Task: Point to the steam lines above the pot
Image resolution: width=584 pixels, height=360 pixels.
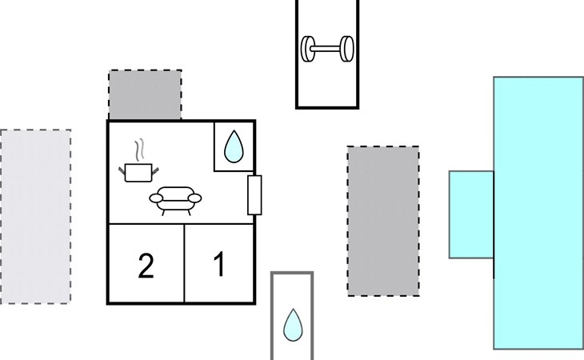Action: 141,150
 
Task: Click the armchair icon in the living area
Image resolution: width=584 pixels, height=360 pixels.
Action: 174,200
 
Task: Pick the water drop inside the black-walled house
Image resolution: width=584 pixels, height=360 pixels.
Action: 234,147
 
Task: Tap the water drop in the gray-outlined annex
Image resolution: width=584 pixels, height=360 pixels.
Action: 293,324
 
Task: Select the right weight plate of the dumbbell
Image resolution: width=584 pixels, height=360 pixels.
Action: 347,48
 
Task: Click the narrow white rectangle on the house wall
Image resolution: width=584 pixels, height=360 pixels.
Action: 255,194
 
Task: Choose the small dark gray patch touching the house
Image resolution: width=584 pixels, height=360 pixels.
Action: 145,94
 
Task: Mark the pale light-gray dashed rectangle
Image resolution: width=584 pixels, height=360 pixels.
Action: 35,215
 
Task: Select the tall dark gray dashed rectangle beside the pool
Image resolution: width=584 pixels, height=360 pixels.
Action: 383,221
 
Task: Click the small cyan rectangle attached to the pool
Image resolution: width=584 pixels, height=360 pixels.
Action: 470,214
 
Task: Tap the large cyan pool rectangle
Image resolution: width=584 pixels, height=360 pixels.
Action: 538,213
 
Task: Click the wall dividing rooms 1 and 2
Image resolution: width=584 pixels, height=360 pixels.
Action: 185,264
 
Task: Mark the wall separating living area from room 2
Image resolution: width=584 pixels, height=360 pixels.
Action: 146,224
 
